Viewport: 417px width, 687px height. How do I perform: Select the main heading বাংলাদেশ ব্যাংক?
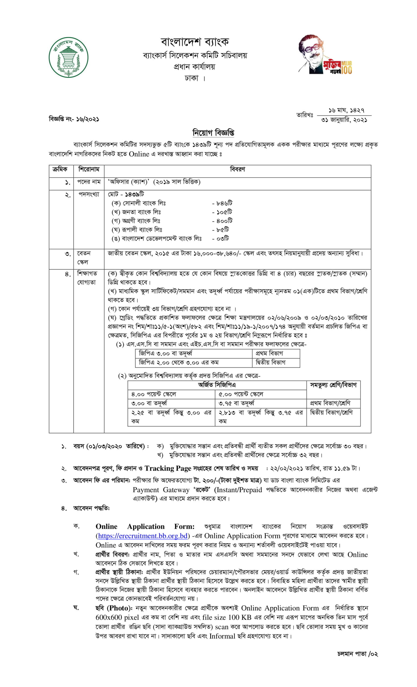pos(195,42)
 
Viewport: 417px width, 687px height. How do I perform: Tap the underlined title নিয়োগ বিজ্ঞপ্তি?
pos(213,133)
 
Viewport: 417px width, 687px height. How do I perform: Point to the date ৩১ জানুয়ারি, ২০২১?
pos(344,120)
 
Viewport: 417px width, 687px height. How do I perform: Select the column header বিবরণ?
pos(237,169)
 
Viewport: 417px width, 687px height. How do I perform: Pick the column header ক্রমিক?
pos(60,169)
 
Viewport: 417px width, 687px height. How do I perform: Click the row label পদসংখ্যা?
pos(89,194)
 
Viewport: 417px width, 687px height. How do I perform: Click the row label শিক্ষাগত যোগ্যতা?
pos(87,278)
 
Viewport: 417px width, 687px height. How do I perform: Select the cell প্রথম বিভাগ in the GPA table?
pos(269,353)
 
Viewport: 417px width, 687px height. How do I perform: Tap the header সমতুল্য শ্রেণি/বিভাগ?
pos(333,385)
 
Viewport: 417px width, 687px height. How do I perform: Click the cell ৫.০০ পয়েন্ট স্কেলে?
pos(240,394)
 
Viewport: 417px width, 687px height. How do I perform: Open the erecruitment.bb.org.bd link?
pos(142,536)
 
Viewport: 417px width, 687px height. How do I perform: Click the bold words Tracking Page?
pos(168,468)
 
